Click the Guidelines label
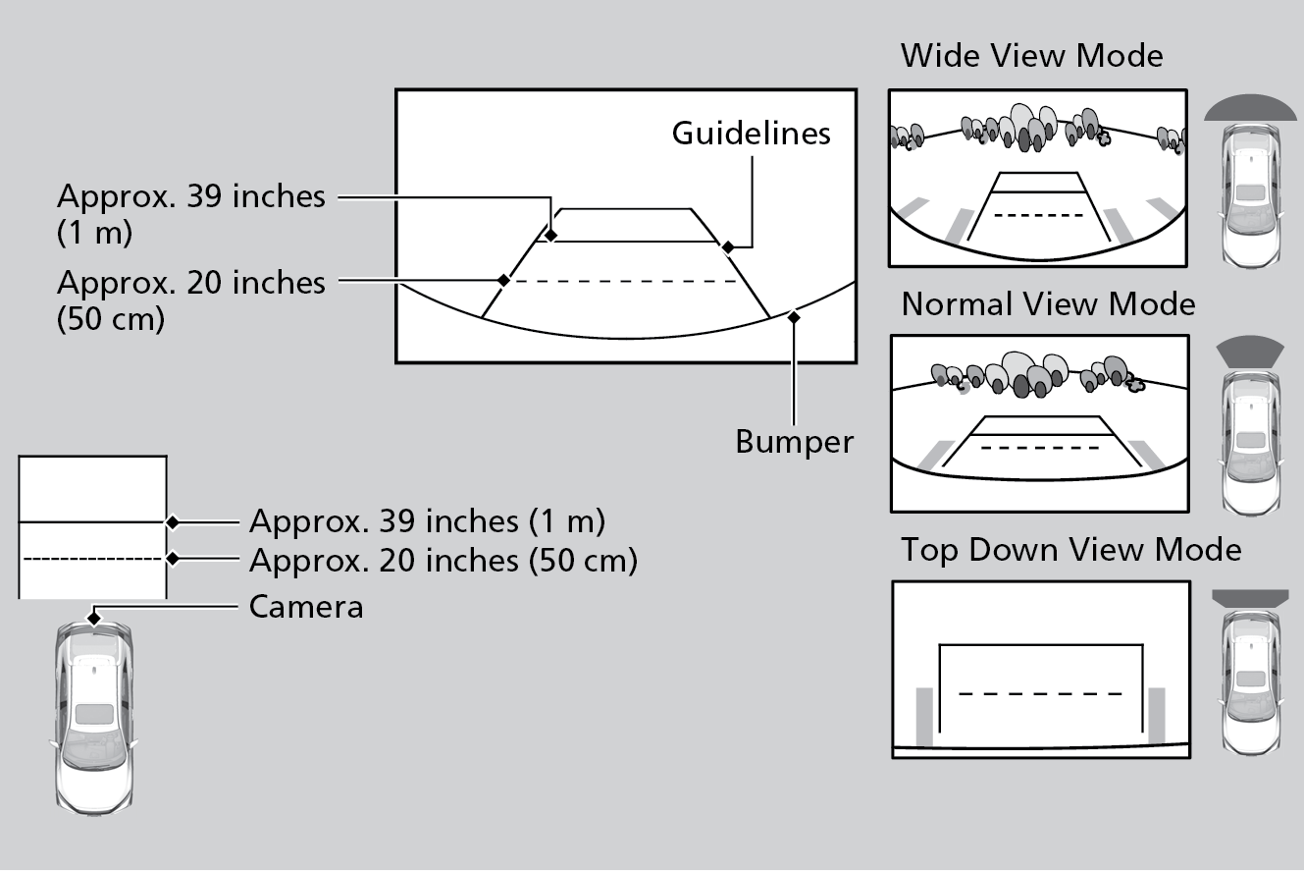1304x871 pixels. click(751, 134)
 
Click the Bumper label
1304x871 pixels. click(794, 441)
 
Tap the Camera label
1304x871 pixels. click(306, 607)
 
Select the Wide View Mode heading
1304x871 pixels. click(1031, 55)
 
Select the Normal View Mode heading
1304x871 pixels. click(1048, 304)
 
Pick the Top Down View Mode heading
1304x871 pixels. click(1070, 549)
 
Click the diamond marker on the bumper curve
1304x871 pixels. click(794, 316)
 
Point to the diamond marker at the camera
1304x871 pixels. click(93, 619)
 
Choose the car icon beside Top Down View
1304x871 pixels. click(1250, 683)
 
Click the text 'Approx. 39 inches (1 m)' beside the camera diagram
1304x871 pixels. click(427, 520)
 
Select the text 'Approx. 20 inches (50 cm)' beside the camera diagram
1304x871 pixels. click(443, 561)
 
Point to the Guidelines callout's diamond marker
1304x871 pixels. click(727, 245)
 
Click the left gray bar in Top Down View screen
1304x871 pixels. click(923, 717)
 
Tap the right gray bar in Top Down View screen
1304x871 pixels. click(1157, 717)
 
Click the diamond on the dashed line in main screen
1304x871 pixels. click(503, 280)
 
